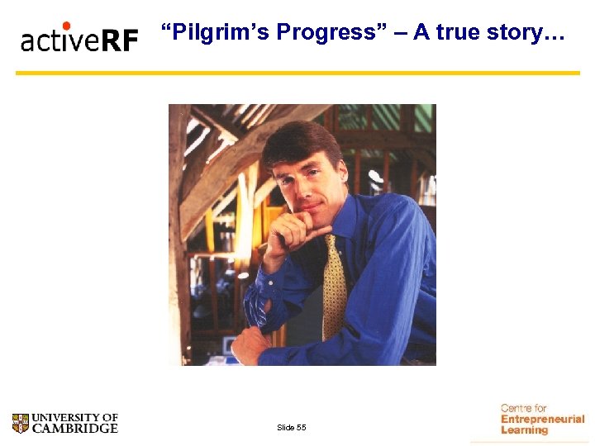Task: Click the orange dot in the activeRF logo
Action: pyautogui.click(x=66, y=26)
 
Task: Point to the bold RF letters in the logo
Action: pyautogui.click(x=120, y=40)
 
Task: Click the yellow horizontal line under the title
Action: pyautogui.click(x=297, y=73)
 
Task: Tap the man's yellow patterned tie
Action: pyautogui.click(x=334, y=286)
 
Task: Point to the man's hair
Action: pyautogui.click(x=302, y=140)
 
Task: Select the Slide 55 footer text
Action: pyautogui.click(x=292, y=427)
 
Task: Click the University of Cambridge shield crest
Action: pyautogui.click(x=21, y=424)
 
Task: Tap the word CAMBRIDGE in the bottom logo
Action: pyautogui.click(x=75, y=429)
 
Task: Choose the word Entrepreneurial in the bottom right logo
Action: pyautogui.click(x=542, y=420)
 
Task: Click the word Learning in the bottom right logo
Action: pyautogui.click(x=524, y=430)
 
